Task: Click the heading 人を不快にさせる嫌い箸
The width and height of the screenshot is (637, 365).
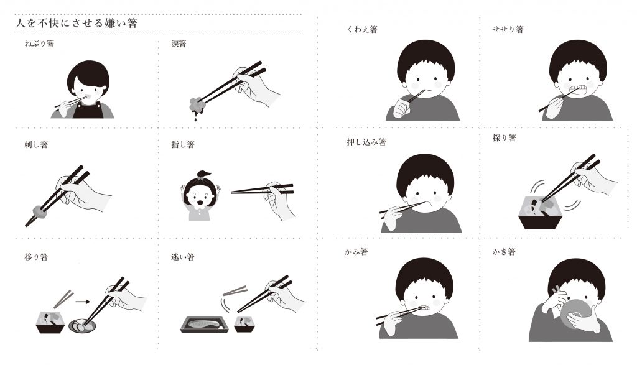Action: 76,23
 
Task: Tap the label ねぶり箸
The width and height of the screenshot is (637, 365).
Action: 39,43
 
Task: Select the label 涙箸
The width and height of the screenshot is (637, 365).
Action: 179,43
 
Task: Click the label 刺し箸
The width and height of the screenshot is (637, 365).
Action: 36,144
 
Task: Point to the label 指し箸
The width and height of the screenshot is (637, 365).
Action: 183,144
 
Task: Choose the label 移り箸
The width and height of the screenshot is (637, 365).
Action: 36,257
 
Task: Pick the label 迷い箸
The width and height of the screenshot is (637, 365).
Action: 183,257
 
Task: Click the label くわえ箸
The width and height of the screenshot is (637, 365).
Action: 362,29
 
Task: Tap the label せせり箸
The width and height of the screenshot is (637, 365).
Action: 508,29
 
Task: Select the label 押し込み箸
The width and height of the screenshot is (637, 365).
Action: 366,142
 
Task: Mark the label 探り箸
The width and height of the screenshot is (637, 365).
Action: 504,138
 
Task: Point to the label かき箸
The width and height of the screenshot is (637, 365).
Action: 504,252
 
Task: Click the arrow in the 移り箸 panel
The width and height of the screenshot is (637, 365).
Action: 83,301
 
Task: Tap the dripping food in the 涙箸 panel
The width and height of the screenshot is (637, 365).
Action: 198,106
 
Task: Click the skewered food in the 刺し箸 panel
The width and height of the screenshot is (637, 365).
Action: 39,211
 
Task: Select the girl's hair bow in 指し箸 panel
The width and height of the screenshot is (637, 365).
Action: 202,175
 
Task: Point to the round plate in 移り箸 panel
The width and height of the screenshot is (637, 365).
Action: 82,325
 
